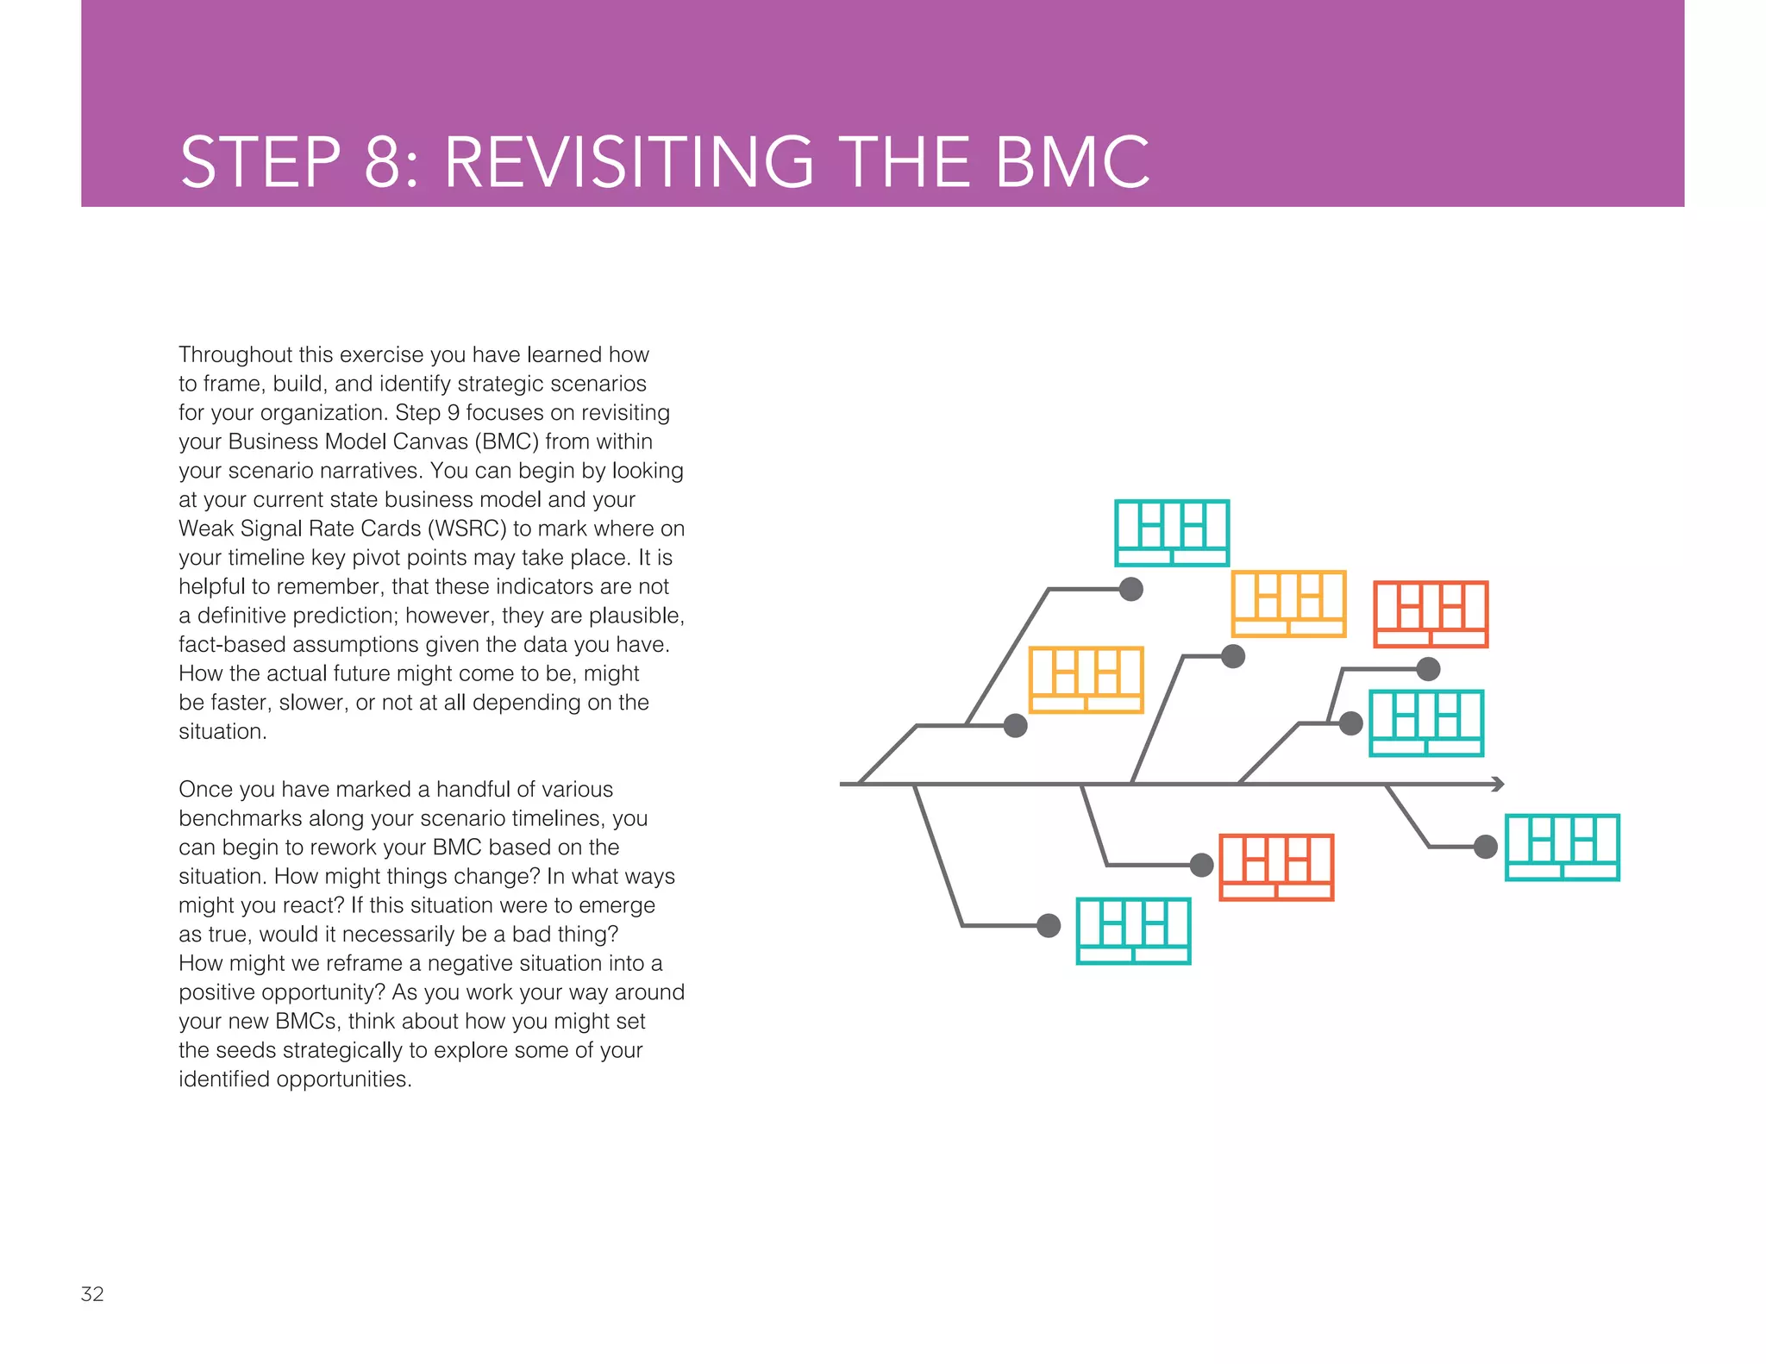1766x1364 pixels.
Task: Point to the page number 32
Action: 92,1293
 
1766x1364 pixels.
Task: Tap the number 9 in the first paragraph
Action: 453,412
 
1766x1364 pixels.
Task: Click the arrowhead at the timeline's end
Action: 1499,784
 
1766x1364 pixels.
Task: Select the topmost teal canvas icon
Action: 1172,533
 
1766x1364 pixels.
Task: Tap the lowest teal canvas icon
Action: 1134,931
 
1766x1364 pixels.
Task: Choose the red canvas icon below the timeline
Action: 1276,867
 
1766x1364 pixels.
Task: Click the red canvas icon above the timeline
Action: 1431,614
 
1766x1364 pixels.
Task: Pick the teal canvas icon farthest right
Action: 1562,848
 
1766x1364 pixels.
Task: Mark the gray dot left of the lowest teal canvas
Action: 1049,925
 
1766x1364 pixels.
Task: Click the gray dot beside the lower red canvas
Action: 1201,865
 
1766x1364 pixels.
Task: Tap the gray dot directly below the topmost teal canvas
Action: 1131,589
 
